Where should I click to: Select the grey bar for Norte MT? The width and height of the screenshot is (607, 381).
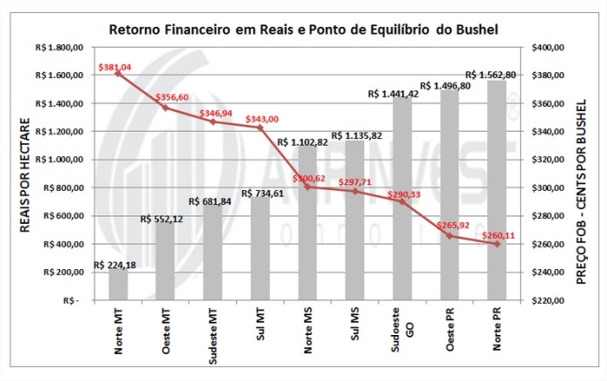(x=118, y=286)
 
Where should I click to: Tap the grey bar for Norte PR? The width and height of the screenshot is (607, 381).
(x=497, y=191)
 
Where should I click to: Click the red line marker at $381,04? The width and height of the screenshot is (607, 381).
(x=118, y=73)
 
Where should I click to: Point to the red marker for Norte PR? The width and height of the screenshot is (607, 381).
(x=497, y=244)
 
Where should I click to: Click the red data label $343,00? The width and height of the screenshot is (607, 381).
(x=259, y=119)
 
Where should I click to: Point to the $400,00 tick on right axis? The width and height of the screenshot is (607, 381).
(x=546, y=48)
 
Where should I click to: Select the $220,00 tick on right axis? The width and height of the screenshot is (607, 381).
(x=546, y=300)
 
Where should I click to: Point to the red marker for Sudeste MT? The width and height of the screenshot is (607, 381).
(x=212, y=122)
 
